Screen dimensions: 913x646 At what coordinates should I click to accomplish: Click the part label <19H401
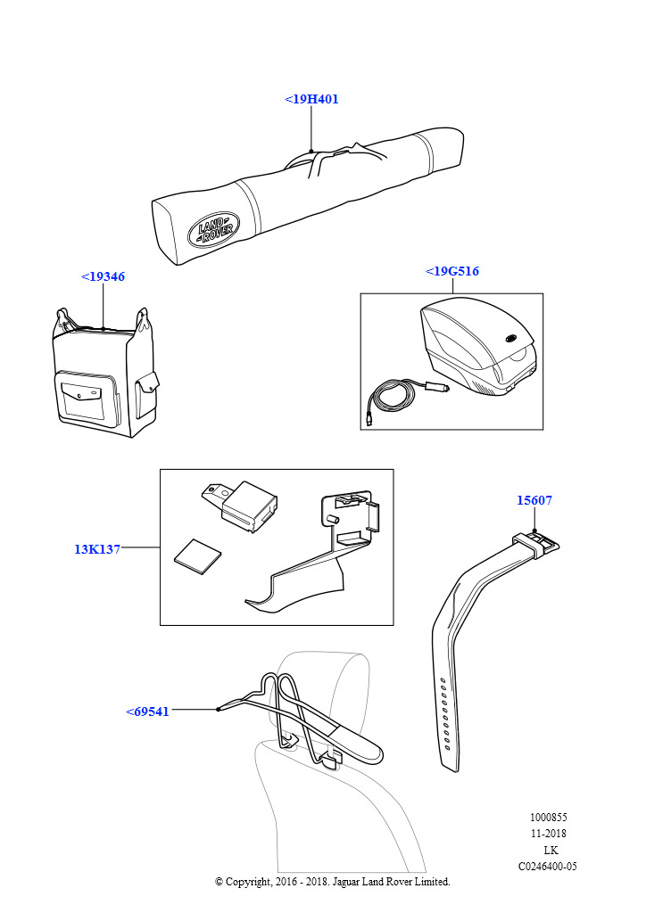tap(311, 99)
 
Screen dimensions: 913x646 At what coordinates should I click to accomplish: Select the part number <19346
tap(103, 276)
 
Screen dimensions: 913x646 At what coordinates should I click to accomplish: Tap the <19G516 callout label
tap(452, 271)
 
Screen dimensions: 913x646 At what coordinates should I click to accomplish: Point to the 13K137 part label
tap(97, 549)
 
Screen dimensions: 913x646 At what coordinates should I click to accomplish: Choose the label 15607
tap(534, 500)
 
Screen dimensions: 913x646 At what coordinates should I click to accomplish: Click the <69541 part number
tap(147, 711)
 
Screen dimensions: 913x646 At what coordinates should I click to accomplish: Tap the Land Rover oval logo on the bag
tap(213, 229)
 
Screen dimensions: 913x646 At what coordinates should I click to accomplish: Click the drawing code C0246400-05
tap(547, 866)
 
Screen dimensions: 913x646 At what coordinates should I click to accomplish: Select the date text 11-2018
tap(548, 834)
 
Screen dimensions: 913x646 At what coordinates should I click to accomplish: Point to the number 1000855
tap(548, 818)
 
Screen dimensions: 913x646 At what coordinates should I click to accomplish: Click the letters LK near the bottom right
tap(551, 850)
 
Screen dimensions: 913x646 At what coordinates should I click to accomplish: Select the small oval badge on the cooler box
tap(512, 339)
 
